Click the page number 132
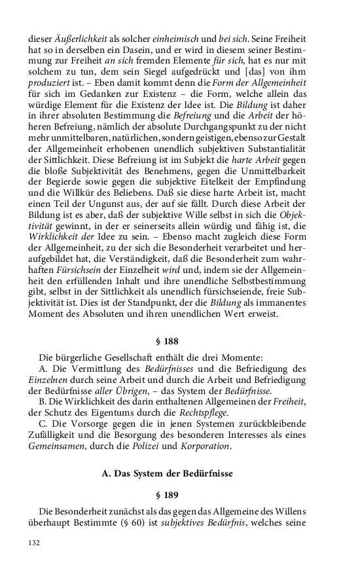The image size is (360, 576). pyautogui.click(x=34, y=543)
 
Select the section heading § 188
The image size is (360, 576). pyautogui.click(x=167, y=342)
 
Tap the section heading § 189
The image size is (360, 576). pyautogui.click(x=167, y=495)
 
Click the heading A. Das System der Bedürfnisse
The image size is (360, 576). pyautogui.click(x=168, y=473)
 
